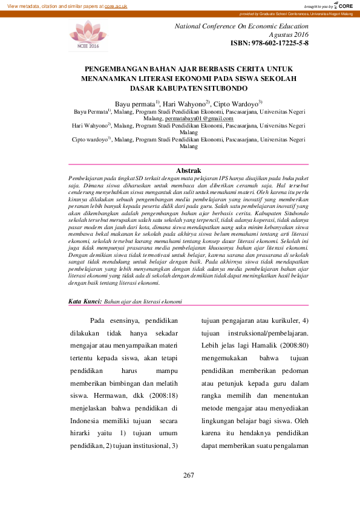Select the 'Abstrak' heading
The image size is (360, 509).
[188, 171]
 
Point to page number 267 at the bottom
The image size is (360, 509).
[188, 475]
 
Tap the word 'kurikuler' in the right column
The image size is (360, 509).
[278, 320]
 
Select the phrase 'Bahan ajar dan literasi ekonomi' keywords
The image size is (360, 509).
[143, 300]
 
